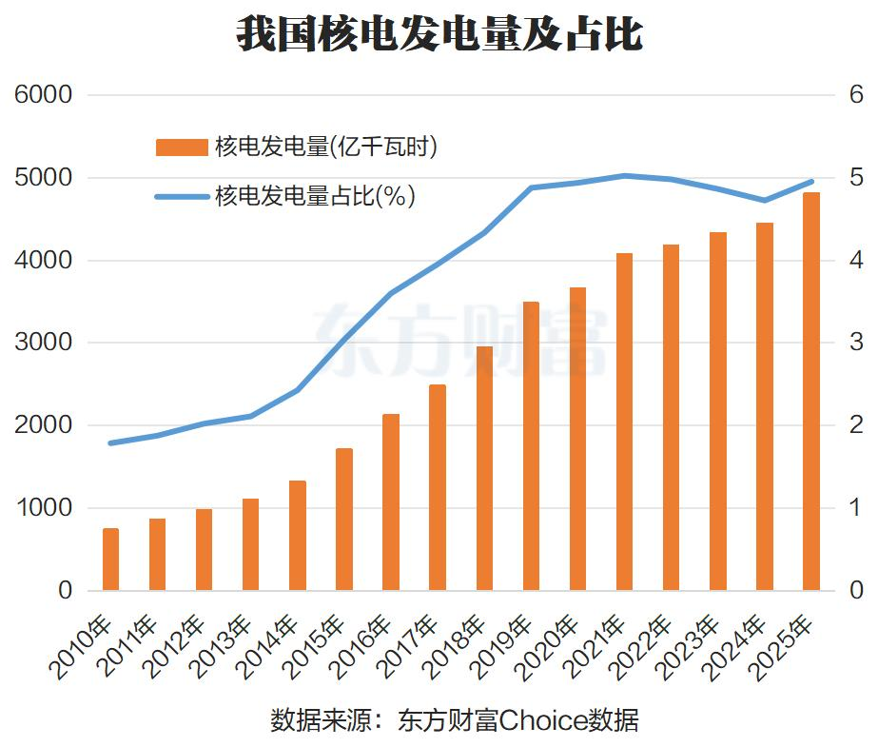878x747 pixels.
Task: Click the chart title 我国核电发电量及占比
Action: coord(439,34)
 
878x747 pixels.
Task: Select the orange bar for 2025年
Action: coord(810,391)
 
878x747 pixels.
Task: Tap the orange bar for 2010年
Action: coord(111,560)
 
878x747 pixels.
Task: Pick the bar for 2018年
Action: coord(484,469)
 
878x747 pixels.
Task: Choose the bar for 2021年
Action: coord(624,422)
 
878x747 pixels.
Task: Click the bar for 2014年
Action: coord(298,536)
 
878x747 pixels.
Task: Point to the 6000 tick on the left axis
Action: coord(43,94)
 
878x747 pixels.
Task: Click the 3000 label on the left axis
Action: coord(43,343)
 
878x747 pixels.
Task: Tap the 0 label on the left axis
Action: coord(66,590)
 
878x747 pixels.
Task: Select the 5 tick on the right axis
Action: coord(856,178)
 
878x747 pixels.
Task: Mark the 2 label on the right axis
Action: coord(856,425)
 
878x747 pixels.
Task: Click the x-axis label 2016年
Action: coord(360,647)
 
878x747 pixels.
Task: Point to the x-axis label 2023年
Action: coord(687,647)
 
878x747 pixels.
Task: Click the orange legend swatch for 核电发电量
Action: coord(182,147)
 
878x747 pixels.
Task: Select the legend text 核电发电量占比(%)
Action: coord(315,196)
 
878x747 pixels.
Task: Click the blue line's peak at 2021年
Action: coord(624,176)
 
